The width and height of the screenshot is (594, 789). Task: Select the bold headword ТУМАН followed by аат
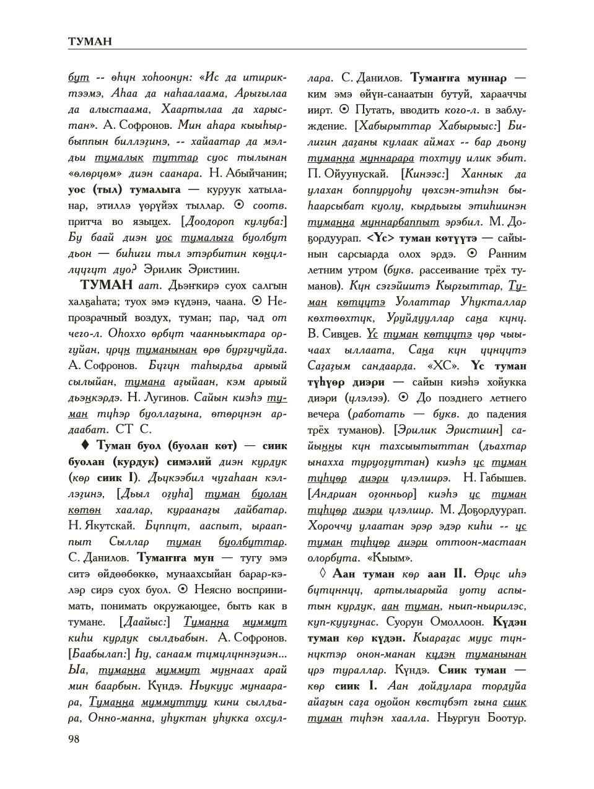[x=106, y=285]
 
